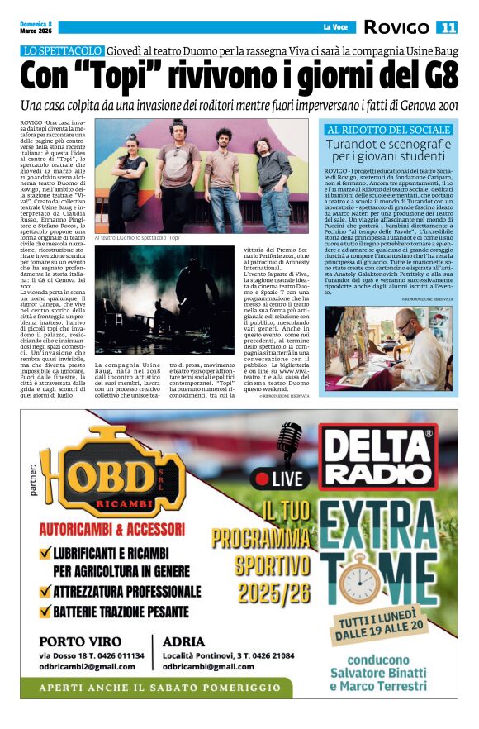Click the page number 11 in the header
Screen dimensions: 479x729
click(447, 27)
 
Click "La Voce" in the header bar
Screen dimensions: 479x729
click(334, 27)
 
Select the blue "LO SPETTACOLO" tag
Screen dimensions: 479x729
click(63, 51)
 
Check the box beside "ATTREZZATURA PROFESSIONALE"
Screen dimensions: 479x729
click(47, 592)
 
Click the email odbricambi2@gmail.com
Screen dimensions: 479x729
click(91, 666)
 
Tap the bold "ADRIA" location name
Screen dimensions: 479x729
click(184, 641)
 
